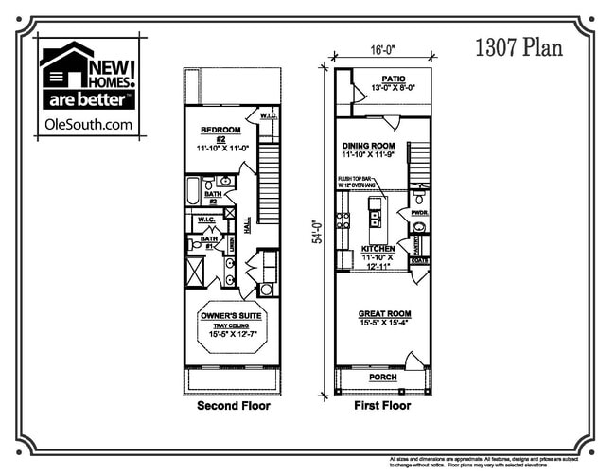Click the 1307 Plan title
pos(518,47)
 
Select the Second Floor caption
pos(233,406)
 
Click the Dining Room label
pos(369,148)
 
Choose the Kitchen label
pos(378,249)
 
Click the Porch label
pos(383,377)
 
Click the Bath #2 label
pos(213,197)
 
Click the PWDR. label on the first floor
pos(419,214)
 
